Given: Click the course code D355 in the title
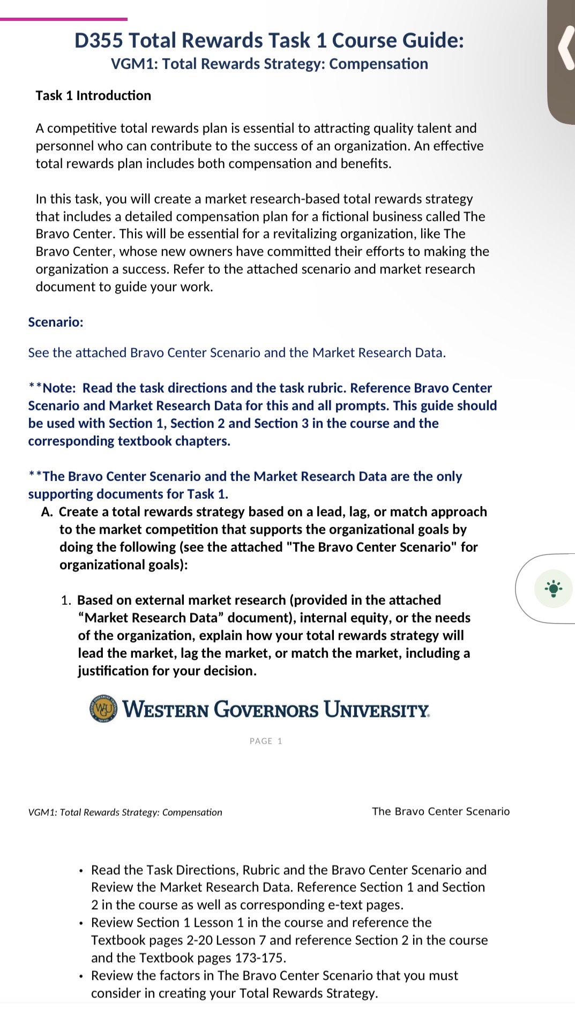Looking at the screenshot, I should point(99,41).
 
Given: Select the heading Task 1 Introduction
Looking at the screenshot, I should point(93,95).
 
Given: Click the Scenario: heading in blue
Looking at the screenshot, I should point(56,322).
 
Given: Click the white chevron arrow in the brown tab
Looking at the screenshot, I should point(565,48).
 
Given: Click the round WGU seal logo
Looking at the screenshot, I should point(103,709).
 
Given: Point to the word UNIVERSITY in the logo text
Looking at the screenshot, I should point(376,709).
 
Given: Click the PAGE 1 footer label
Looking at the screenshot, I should point(266,741).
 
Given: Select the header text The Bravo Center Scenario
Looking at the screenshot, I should point(440,811).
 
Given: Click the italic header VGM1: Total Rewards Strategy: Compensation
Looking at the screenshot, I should point(125,812).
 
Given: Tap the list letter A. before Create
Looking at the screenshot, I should point(47,512).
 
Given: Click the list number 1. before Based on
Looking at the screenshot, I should point(66,600).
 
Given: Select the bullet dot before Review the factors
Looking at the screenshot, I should point(81,976).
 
